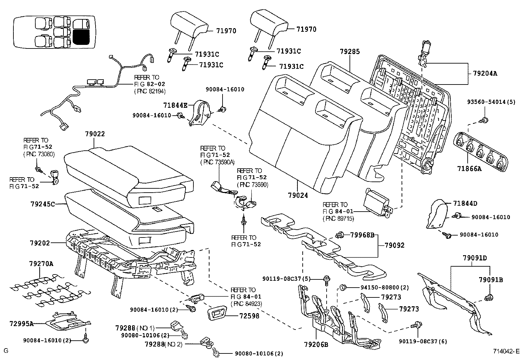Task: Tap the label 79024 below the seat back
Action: point(298,196)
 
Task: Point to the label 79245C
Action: point(43,204)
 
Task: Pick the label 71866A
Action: point(470,169)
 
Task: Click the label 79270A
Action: point(41,263)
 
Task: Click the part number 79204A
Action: point(485,74)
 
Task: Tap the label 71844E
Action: point(175,105)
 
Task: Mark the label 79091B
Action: point(491,280)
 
